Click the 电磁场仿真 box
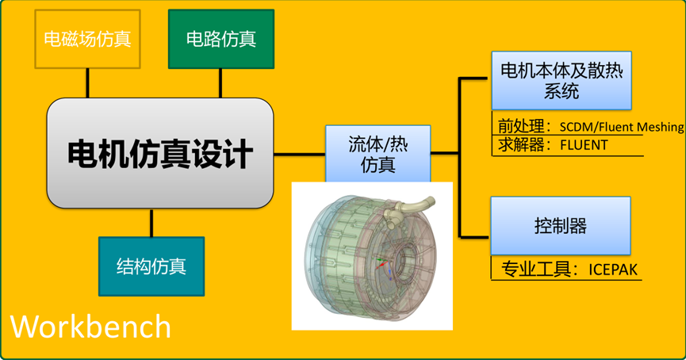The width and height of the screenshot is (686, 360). pos(87,38)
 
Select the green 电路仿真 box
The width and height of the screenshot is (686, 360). pos(220,38)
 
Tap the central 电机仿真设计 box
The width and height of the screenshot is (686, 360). pos(159,153)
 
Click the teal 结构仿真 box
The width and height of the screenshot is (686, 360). pos(151,266)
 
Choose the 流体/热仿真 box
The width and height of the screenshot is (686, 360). pos(377,153)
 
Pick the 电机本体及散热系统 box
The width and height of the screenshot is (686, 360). pos(561,80)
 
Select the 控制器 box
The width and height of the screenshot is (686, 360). pos(560,226)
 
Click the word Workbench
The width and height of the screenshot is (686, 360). pos(90,326)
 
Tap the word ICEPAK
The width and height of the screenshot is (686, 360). pos(611,270)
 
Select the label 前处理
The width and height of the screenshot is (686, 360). pos(514,125)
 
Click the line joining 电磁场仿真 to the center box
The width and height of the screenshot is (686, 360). pos(87,82)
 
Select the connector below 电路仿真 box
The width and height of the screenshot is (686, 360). pos(220,82)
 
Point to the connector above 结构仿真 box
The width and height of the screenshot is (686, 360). pos(151,224)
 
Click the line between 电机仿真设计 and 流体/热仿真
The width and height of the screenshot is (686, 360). pos(299,153)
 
